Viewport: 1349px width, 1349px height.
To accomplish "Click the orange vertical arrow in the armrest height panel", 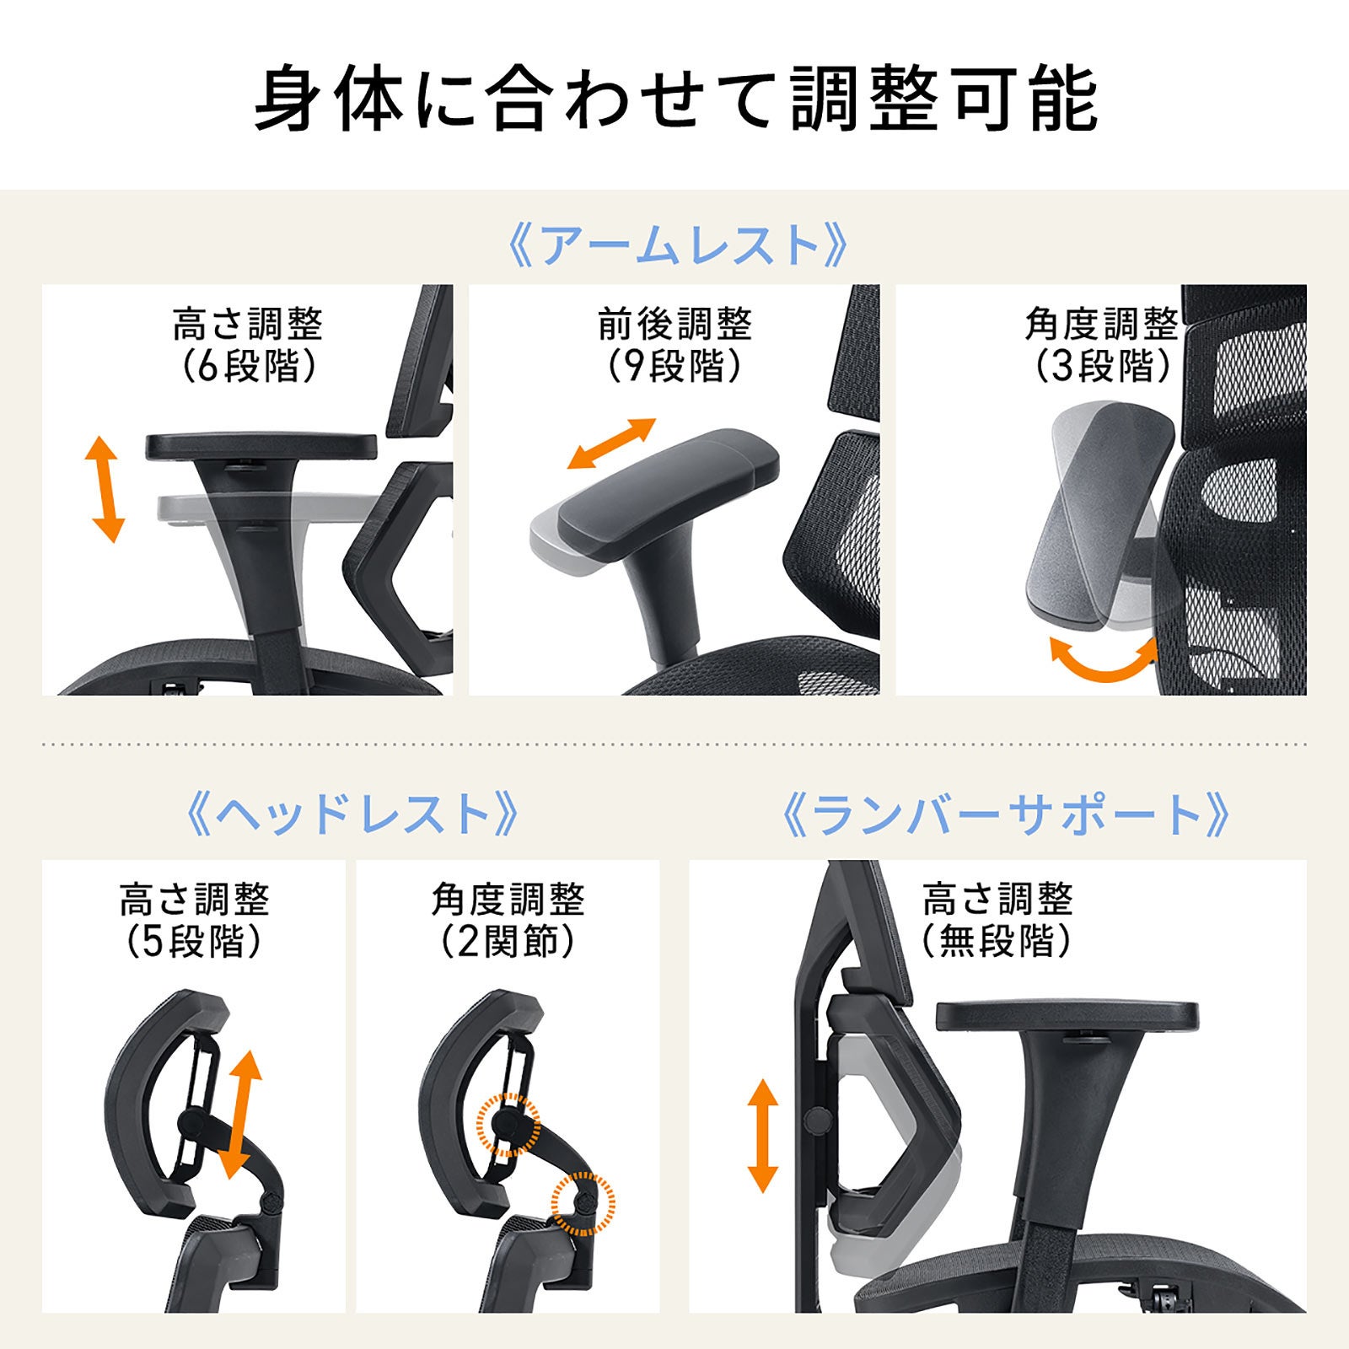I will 105,489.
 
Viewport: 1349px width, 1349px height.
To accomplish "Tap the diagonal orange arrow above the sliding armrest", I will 611,443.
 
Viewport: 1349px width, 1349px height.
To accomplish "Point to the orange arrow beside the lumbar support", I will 763,1135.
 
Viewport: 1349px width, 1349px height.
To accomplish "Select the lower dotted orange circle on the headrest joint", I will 583,1203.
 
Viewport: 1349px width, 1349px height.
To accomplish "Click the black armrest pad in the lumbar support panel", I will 1067,1015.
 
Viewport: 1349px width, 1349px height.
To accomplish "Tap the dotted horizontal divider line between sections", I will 674,744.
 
